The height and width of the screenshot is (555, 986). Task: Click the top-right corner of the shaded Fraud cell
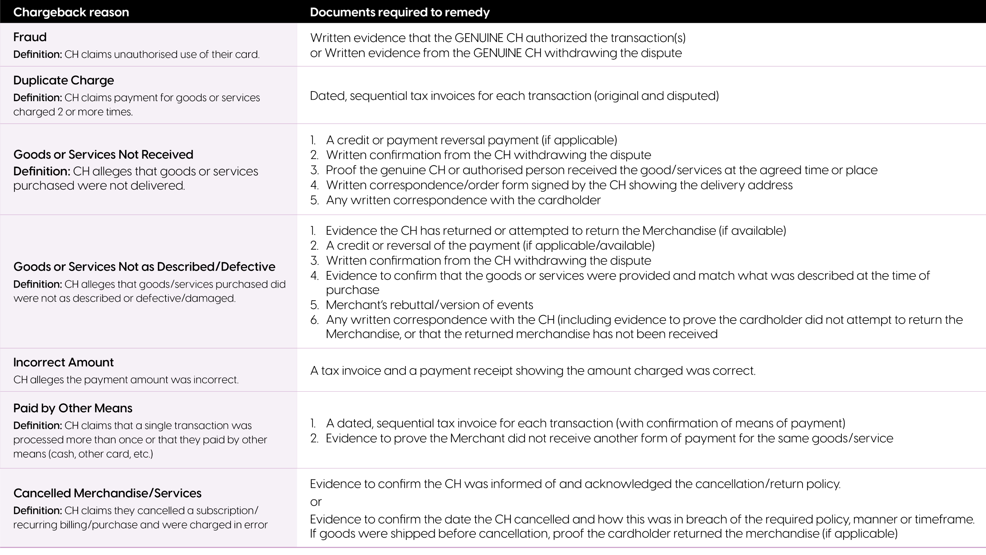click(297, 23)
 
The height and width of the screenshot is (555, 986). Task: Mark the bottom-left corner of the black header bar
click(0, 23)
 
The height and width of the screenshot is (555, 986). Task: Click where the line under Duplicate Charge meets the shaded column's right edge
click(297, 124)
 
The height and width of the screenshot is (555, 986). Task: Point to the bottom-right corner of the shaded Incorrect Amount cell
click(297, 391)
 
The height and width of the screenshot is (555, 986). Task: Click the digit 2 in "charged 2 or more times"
click(60, 112)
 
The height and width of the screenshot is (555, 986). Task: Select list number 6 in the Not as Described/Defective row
click(314, 320)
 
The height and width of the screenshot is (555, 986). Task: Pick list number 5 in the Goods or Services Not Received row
click(314, 200)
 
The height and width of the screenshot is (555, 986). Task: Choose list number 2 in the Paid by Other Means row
click(314, 438)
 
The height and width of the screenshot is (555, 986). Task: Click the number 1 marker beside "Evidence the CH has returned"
click(313, 231)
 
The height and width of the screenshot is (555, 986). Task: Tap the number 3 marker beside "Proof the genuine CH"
click(314, 170)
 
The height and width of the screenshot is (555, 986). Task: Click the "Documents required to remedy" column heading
click(400, 12)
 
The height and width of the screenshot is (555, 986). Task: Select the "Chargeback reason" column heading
click(71, 12)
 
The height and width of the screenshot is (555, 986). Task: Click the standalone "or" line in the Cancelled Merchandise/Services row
click(316, 502)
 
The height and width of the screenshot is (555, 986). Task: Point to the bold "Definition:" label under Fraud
click(38, 54)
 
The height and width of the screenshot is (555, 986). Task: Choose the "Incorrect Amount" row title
click(64, 362)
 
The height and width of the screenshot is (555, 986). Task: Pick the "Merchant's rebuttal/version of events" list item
click(429, 305)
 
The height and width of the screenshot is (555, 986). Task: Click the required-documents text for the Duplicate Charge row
click(514, 96)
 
